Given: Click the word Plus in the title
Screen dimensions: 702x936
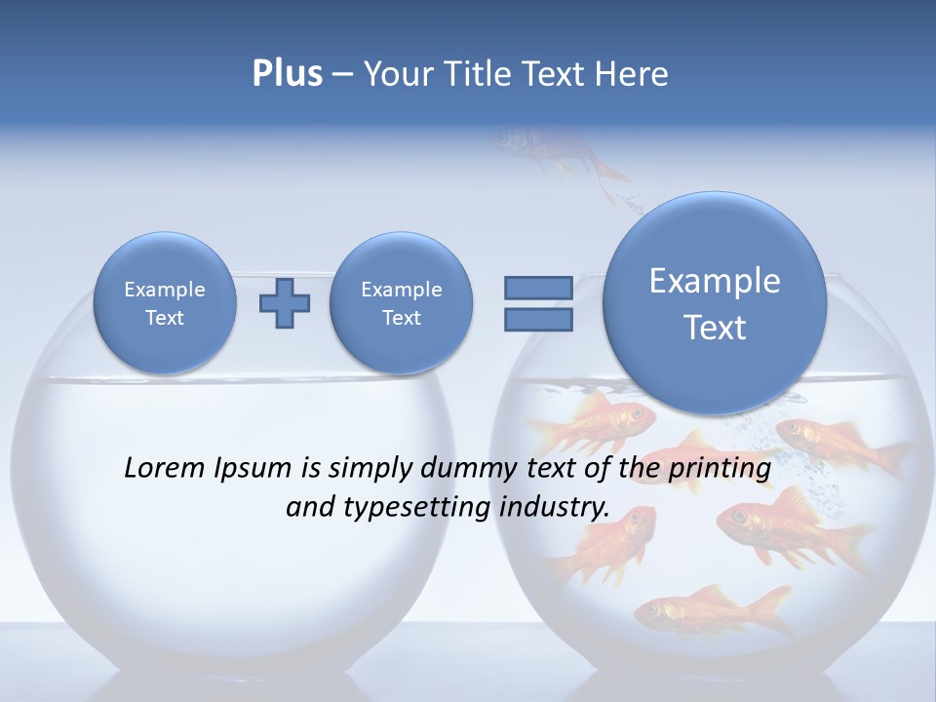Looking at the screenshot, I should (x=287, y=74).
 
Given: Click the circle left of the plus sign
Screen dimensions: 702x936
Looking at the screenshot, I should (x=165, y=303).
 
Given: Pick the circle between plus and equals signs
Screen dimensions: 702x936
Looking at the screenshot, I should (x=401, y=303).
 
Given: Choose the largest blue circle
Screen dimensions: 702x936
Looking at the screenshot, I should (x=715, y=303).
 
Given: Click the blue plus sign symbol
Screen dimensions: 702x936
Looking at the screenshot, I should (x=284, y=303).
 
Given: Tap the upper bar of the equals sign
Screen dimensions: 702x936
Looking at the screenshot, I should (x=538, y=288).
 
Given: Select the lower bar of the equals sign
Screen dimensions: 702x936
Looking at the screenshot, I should (x=538, y=320).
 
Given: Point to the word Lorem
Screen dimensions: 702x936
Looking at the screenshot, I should (x=165, y=468).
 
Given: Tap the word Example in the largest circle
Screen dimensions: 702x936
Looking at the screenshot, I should (x=715, y=281).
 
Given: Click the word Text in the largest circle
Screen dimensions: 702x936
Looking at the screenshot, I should (x=715, y=328).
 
